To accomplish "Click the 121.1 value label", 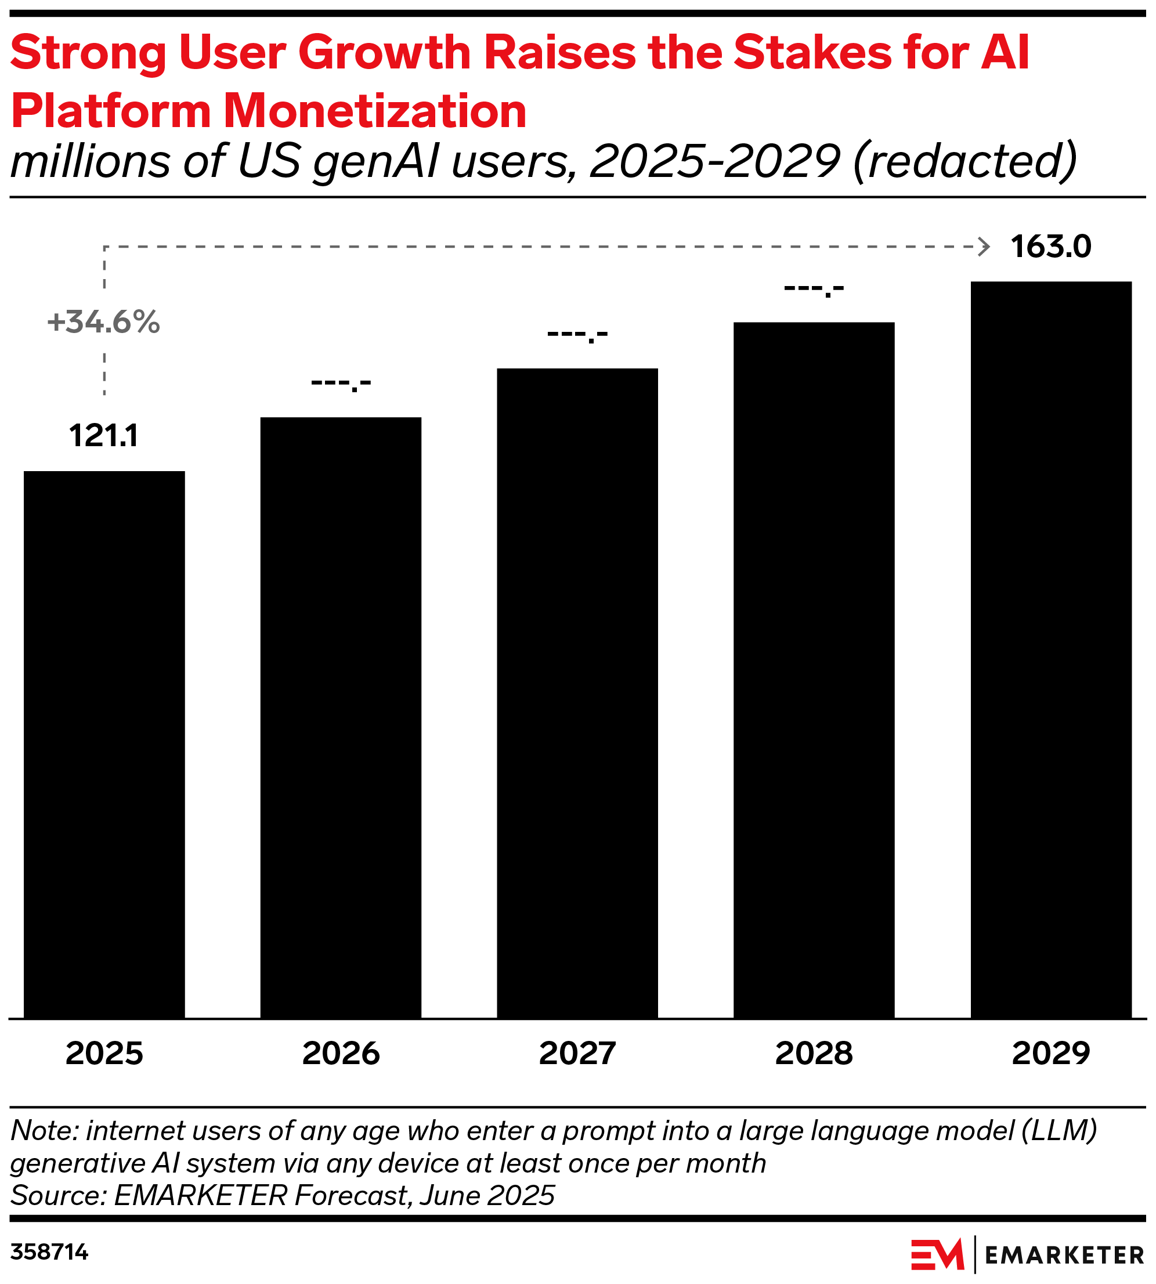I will pyautogui.click(x=103, y=436).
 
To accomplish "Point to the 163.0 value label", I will pyautogui.click(x=1050, y=247).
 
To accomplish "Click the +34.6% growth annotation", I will pyautogui.click(x=103, y=322).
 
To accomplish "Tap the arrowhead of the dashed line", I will pyautogui.click(x=984, y=247).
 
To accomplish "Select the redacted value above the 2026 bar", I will pyautogui.click(x=341, y=383).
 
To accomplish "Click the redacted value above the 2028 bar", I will pyautogui.click(x=814, y=289).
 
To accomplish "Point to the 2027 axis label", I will pyautogui.click(x=577, y=1054).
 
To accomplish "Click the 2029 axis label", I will pyautogui.click(x=1050, y=1054).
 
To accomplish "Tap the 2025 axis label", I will pyautogui.click(x=104, y=1054).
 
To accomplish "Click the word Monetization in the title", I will pyautogui.click(x=375, y=110).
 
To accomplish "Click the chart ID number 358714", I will pyautogui.click(x=49, y=1252).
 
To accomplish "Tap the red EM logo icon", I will pyautogui.click(x=937, y=1254).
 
